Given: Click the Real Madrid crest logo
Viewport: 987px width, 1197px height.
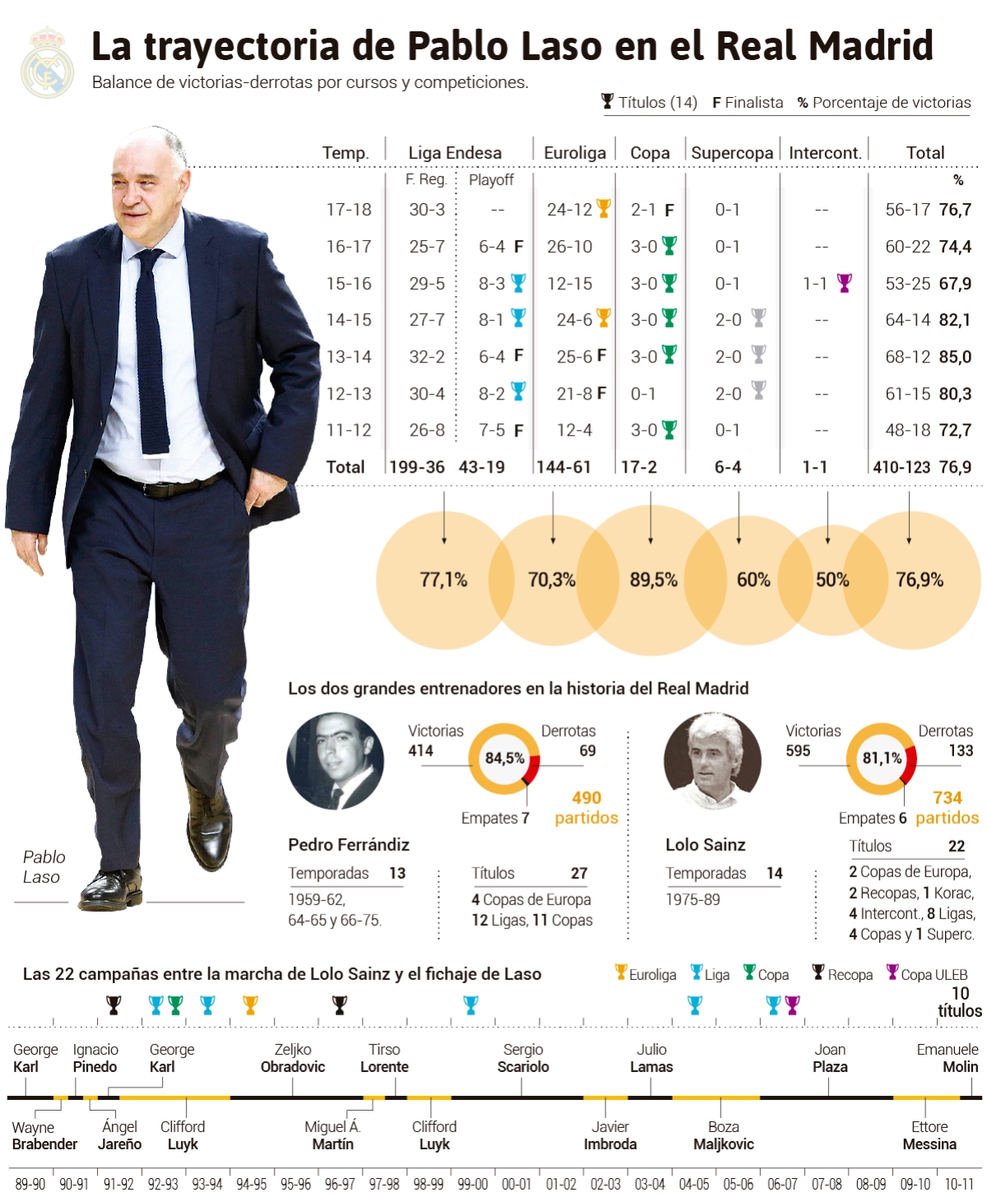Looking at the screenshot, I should (47, 63).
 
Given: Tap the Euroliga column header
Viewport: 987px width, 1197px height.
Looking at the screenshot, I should (574, 153).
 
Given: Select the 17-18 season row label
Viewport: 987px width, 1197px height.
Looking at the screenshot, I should (349, 210).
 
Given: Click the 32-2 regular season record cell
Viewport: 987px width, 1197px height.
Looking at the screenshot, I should (427, 357).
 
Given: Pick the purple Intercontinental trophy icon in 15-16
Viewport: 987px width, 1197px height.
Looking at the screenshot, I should (844, 283).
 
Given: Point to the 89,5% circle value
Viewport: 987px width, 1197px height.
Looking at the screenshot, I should (653, 580).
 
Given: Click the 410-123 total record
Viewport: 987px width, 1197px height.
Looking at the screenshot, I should (901, 467).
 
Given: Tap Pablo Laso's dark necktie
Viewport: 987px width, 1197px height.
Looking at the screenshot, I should (151, 354).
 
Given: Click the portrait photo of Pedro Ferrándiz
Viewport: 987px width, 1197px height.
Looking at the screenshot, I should (335, 761).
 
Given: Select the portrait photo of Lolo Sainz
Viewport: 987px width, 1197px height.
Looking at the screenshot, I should (711, 761).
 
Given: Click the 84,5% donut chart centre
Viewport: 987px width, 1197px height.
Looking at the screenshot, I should (504, 758).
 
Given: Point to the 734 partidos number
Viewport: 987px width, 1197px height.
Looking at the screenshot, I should (948, 797).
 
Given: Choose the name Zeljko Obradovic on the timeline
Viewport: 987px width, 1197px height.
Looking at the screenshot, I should (293, 1058).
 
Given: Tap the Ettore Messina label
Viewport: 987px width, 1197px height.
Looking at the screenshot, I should (929, 1135).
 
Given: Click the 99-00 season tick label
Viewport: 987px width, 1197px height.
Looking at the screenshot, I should (472, 1184).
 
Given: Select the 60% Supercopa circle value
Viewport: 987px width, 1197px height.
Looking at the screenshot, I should (753, 580).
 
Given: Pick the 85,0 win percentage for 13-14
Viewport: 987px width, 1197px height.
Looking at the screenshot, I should (955, 357).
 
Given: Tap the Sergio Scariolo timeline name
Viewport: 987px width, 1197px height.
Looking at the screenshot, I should (523, 1058).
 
